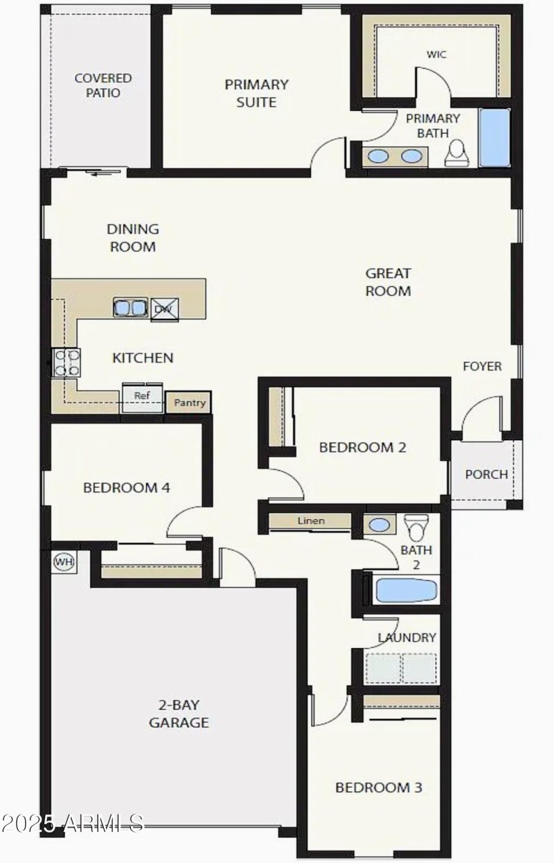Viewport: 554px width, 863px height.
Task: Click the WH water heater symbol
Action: tap(64, 561)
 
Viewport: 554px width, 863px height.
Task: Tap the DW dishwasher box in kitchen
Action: tap(165, 308)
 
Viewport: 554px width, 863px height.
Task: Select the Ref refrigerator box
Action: tap(143, 396)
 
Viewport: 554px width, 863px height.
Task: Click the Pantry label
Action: tap(189, 402)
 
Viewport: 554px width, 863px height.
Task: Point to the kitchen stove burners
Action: tap(66, 363)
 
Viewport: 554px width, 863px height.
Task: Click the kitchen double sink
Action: tap(131, 307)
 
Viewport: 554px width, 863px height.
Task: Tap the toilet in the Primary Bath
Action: tap(456, 153)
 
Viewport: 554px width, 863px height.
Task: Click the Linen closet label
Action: tap(311, 521)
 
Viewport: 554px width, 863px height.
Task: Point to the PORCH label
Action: tap(485, 475)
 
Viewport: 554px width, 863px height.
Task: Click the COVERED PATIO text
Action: tap(102, 85)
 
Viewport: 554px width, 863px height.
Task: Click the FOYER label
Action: tap(482, 366)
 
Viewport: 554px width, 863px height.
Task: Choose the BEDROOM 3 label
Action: tap(378, 787)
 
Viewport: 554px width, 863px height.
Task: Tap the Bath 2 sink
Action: tap(379, 525)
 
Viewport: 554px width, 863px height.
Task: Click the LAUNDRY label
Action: tap(406, 637)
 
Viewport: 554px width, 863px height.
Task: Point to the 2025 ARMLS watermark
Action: tap(72, 823)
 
